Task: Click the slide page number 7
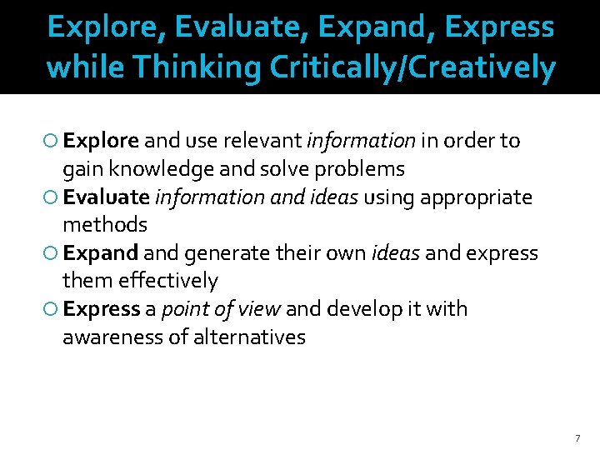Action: pos(577,437)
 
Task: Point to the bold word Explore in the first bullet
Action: pos(102,141)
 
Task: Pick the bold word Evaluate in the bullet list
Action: pos(106,197)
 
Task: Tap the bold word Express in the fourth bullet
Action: pos(102,309)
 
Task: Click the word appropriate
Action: pos(476,197)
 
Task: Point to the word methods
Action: pos(105,225)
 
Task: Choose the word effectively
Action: pos(168,281)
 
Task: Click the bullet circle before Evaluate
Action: pos(52,197)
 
